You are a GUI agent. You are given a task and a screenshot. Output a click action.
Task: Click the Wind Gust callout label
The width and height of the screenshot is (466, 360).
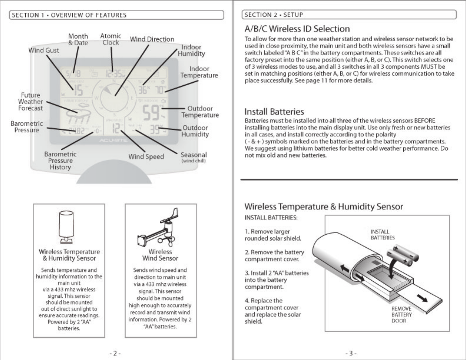[44, 50]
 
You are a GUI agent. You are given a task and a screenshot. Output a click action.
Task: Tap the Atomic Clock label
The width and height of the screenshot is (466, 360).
[111, 39]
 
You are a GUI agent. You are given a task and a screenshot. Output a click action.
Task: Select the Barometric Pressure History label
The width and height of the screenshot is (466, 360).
[60, 161]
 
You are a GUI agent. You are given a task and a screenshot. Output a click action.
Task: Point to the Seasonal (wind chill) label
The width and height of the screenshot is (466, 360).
[194, 157]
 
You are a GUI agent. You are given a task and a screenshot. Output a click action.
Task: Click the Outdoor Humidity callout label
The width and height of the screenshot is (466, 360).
[195, 131]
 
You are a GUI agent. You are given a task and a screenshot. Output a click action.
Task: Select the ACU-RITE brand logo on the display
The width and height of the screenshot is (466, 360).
[114, 141]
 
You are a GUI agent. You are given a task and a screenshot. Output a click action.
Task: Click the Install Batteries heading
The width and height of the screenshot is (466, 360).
[274, 112]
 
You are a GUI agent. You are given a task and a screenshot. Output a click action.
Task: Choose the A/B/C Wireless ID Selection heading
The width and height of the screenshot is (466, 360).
[297, 29]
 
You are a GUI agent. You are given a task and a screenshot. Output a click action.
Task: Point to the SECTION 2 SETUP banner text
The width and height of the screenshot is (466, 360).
[274, 15]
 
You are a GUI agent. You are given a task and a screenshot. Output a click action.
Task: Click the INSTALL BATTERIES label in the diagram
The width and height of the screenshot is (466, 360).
[382, 235]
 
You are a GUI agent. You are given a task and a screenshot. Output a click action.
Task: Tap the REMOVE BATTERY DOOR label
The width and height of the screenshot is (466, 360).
[401, 314]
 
